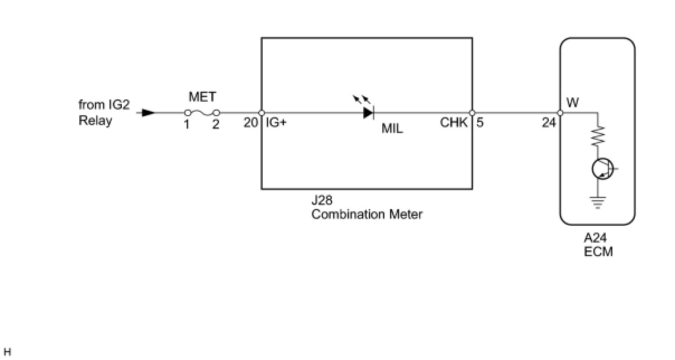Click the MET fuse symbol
coord(202,112)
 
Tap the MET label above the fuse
coord(202,97)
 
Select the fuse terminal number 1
coord(187,125)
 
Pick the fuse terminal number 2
coord(216,125)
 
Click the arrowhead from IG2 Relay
coord(148,112)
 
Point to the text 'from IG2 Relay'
coord(103,113)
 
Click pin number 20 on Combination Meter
coord(250,122)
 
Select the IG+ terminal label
coord(276,122)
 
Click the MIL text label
coord(392,129)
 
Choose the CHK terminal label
coord(454,122)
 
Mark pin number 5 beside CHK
coord(480,122)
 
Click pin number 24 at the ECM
coord(549,122)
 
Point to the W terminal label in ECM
coord(573,103)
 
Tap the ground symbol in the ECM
coord(597,202)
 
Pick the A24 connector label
coord(596,239)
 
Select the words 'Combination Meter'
coord(367,215)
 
